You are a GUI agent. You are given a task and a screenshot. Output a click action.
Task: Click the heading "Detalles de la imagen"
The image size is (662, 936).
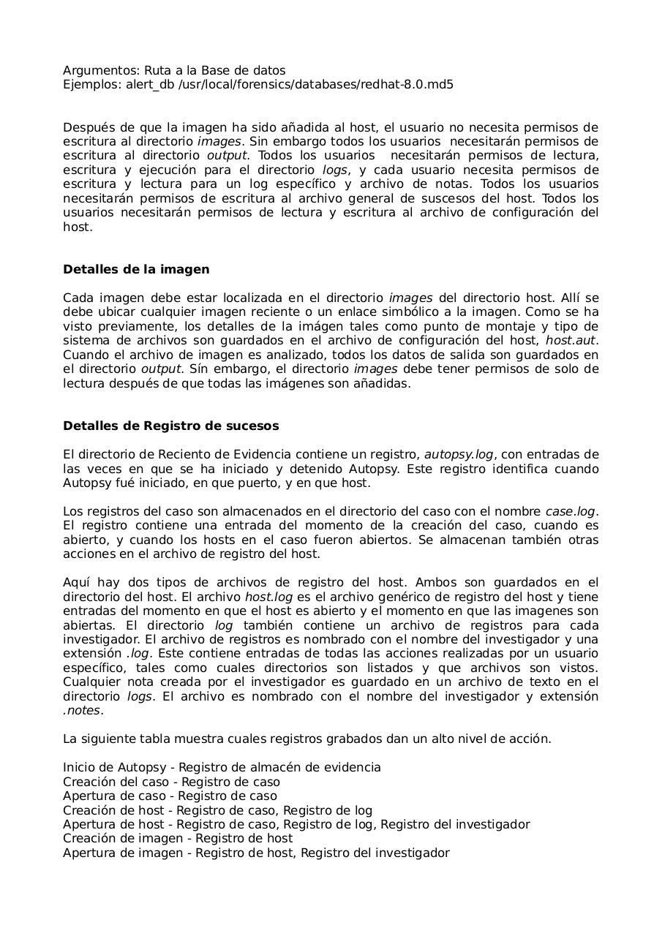pyautogui.click(x=136, y=269)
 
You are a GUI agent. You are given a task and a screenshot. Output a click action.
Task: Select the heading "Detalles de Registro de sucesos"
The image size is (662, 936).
pyautogui.click(x=170, y=426)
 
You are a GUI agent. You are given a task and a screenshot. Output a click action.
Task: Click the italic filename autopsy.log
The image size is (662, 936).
pyautogui.click(x=459, y=454)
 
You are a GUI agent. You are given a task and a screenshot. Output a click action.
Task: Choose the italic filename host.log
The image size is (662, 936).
pyautogui.click(x=268, y=597)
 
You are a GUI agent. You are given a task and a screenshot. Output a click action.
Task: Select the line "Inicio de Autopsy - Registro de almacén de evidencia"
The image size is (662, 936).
pyautogui.click(x=222, y=767)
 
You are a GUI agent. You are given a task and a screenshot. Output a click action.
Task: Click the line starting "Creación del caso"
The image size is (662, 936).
pyautogui.click(x=171, y=782)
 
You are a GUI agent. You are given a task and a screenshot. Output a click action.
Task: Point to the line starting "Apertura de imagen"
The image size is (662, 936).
pyautogui.click(x=256, y=853)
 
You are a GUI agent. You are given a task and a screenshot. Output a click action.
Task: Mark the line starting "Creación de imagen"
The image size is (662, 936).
pyautogui.click(x=178, y=838)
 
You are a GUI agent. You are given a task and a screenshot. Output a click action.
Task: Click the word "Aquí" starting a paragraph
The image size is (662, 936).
pyautogui.click(x=76, y=582)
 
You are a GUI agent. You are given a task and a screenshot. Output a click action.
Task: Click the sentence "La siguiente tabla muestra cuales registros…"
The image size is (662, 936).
pyautogui.click(x=307, y=739)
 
